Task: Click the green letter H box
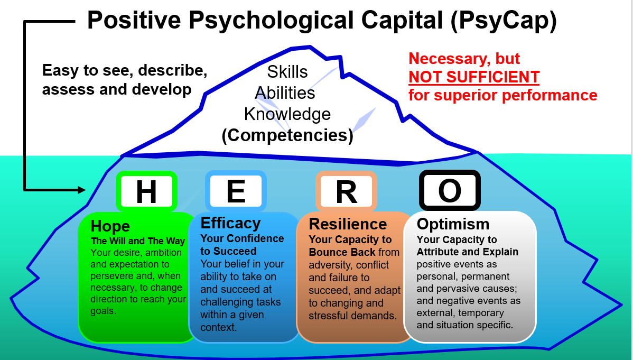(146, 191)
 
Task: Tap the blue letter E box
(236, 191)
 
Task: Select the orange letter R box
(347, 191)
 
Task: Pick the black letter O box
(450, 190)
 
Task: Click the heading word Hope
(110, 226)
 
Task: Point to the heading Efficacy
(230, 223)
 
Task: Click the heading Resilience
(348, 224)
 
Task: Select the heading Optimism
(453, 224)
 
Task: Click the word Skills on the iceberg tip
(287, 72)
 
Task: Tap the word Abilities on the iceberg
(285, 93)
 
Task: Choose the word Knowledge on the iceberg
(287, 114)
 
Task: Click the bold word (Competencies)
(287, 135)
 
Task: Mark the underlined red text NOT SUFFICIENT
(474, 77)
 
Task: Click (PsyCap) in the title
(504, 20)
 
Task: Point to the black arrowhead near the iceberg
(81, 190)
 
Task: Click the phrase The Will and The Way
(138, 241)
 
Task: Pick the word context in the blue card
(218, 327)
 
